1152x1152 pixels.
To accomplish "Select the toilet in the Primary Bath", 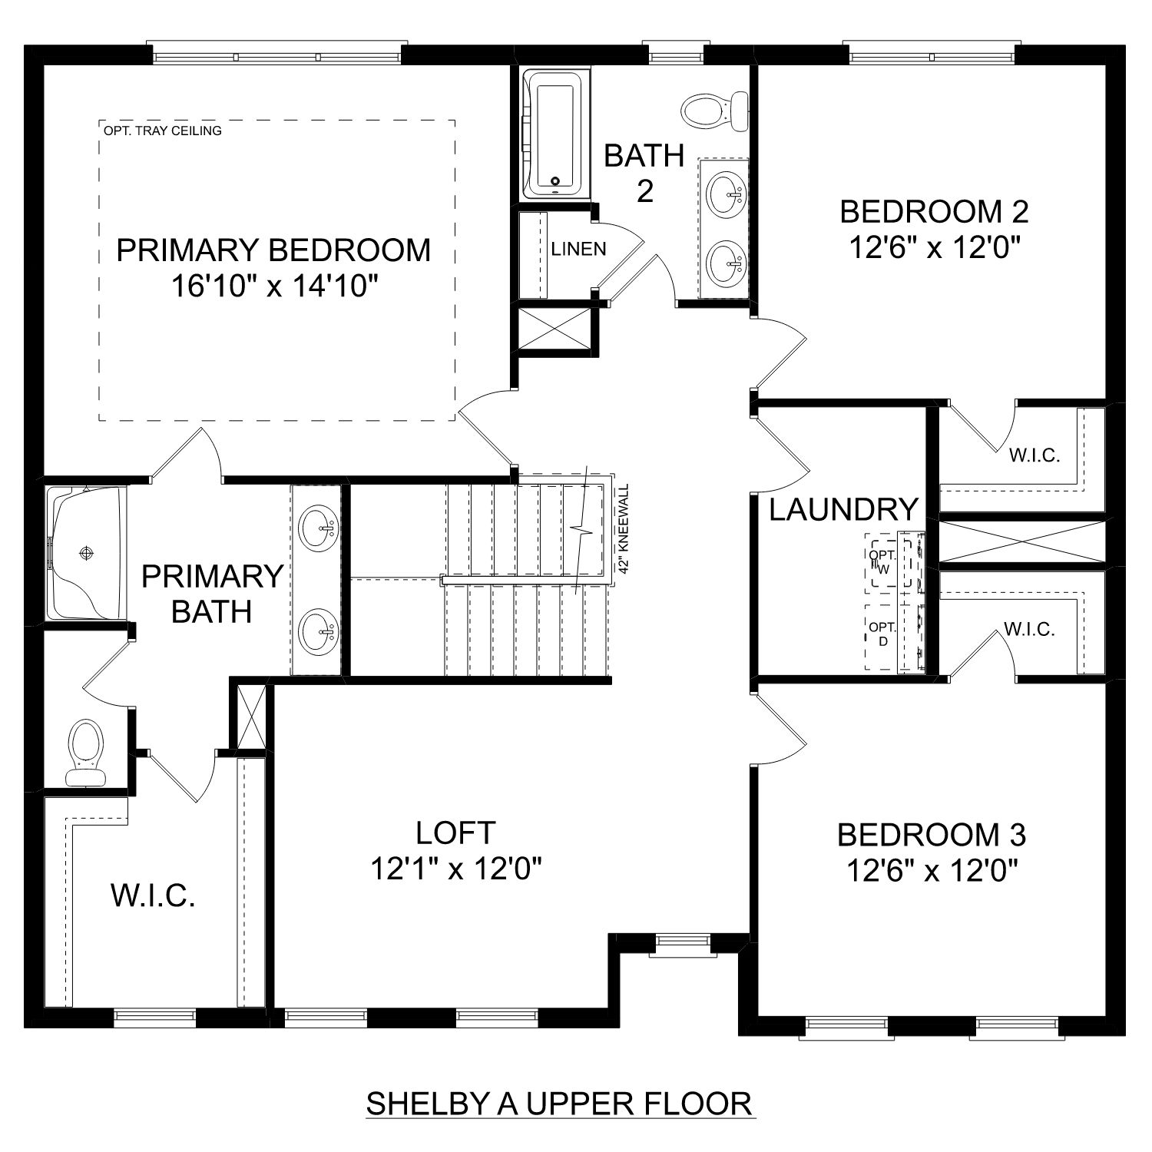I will tap(85, 752).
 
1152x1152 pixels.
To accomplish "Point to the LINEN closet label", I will tap(578, 249).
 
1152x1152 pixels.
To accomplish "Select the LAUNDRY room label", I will tap(843, 509).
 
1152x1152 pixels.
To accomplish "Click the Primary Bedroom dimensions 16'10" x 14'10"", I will tap(274, 286).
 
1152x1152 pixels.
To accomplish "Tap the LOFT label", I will tap(455, 832).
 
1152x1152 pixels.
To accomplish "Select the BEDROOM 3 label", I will tap(932, 834).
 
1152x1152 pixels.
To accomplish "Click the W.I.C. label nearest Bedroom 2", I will tap(1034, 455).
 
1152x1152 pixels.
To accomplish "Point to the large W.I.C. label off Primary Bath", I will tap(153, 895).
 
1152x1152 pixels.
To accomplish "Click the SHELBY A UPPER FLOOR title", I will tap(559, 1103).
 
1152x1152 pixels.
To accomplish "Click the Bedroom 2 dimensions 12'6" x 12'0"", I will tap(934, 247).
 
